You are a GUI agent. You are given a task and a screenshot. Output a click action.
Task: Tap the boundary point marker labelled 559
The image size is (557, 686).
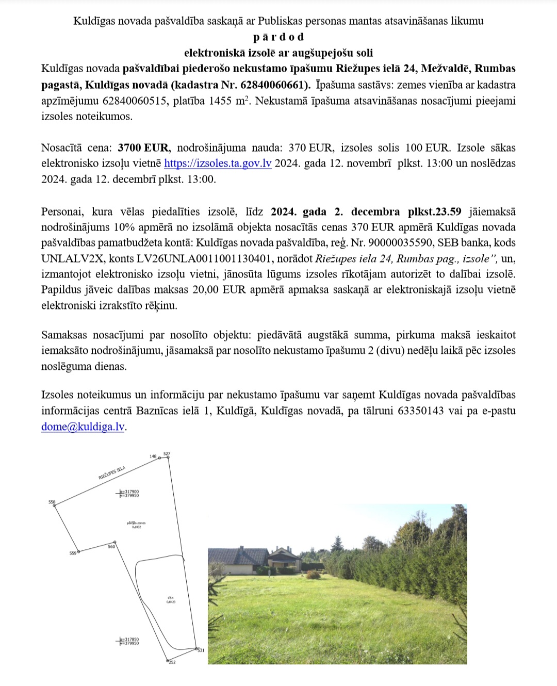tap(79, 551)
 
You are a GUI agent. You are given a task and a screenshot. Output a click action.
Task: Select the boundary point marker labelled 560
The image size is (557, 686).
tap(114, 542)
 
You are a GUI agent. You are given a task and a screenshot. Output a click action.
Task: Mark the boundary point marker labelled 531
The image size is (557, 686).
tap(196, 648)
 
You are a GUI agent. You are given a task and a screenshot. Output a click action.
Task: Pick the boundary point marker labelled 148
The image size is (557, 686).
tap(159, 458)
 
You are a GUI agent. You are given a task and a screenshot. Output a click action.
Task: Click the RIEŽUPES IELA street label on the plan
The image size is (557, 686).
tap(112, 473)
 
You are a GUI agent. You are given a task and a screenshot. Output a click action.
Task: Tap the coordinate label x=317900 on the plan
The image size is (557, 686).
tap(129, 492)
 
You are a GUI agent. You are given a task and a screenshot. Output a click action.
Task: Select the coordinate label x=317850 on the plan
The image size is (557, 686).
tap(129, 640)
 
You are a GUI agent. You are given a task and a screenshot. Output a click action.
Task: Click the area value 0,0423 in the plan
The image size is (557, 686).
tap(171, 602)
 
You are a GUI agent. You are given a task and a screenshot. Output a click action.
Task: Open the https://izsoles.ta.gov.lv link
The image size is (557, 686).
tap(218, 164)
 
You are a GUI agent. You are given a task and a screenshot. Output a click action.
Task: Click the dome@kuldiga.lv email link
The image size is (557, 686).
tap(83, 427)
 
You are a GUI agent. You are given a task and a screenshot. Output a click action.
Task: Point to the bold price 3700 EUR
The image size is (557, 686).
tap(143, 148)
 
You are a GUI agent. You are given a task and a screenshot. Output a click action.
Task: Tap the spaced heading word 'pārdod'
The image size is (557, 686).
tap(278, 37)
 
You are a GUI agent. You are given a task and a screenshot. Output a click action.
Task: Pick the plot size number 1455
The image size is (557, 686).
tap(219, 101)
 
